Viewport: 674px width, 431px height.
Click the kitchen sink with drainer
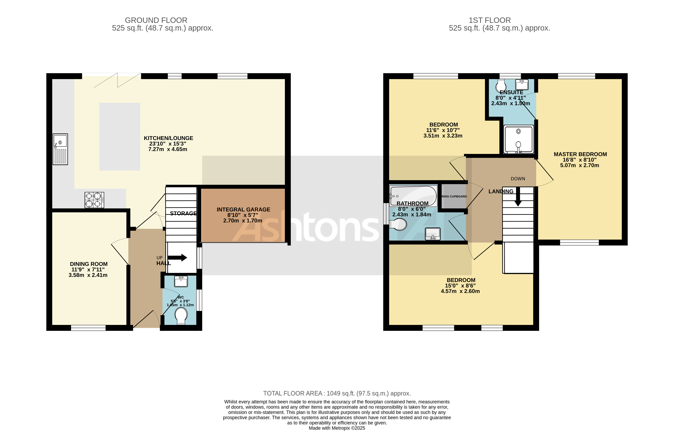pyautogui.click(x=60, y=149)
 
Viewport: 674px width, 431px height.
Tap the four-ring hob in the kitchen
pyautogui.click(x=94, y=200)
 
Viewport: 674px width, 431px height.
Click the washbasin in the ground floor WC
pyautogui.click(x=181, y=281)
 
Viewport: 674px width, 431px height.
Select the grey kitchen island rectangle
pyautogui.click(x=120, y=137)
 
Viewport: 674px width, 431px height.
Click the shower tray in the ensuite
pyautogui.click(x=518, y=139)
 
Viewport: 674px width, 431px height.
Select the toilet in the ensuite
pyautogui.click(x=501, y=86)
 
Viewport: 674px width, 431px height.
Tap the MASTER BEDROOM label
pyautogui.click(x=580, y=154)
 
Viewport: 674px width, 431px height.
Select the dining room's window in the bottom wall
pyautogui.click(x=88, y=328)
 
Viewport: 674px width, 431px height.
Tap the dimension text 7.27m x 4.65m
pyautogui.click(x=167, y=149)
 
